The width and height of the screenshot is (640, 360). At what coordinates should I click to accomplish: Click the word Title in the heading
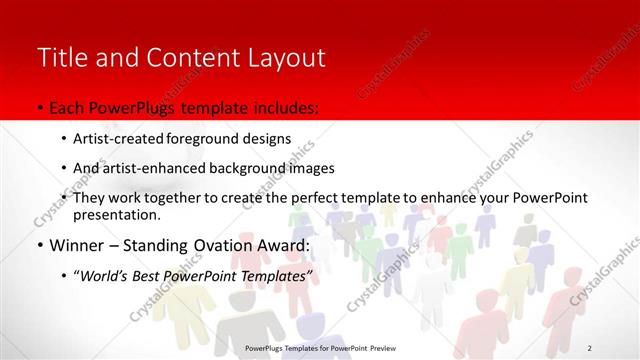coord(60,57)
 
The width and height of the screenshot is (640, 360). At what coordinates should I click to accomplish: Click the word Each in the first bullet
coord(66,106)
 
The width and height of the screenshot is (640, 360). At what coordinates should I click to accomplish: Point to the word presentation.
coord(116,214)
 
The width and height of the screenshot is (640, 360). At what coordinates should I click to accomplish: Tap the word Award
coord(290,245)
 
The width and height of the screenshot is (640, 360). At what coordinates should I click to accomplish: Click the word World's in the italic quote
coord(106,275)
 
